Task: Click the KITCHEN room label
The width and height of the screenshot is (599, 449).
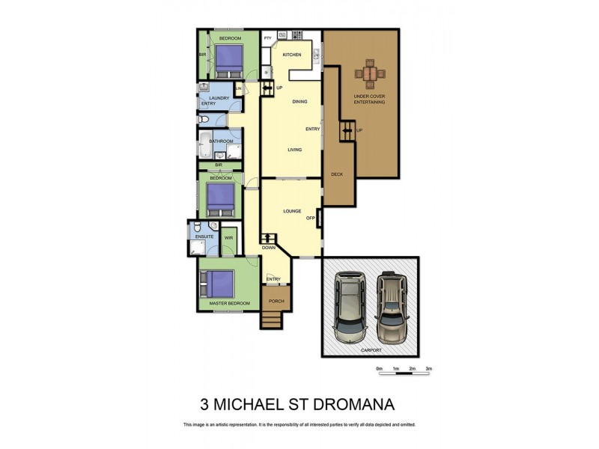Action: point(291,55)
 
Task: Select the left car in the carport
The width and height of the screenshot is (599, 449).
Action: point(349,306)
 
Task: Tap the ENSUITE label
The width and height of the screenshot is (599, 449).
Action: point(204,237)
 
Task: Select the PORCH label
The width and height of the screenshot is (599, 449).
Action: point(276,302)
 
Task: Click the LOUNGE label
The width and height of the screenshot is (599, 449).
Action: point(292,211)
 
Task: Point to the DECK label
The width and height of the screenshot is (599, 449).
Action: point(336,174)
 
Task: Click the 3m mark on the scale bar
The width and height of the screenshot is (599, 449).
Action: point(429,369)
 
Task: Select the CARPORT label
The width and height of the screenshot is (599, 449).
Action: point(370,349)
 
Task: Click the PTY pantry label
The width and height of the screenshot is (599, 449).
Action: point(267,37)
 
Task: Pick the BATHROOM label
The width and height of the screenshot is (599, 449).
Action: point(221,141)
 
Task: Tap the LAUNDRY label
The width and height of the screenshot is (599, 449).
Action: point(219,98)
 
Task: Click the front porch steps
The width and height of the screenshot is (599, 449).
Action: point(273,320)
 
